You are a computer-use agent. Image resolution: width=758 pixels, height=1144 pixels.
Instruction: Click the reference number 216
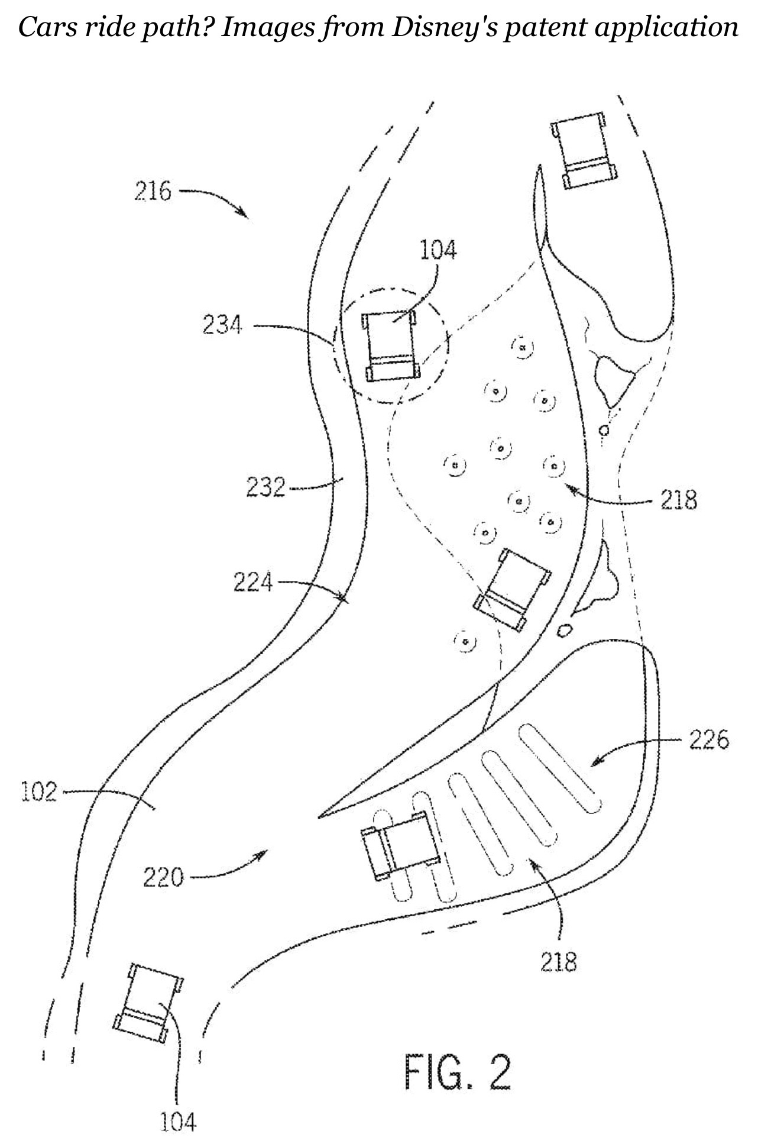pyautogui.click(x=153, y=192)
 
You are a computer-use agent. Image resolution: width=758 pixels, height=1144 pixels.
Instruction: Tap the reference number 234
pyautogui.click(x=222, y=325)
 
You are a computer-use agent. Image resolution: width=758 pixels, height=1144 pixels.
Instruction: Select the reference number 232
pyautogui.click(x=265, y=488)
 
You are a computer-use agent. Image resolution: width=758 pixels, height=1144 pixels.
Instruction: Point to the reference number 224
pyautogui.click(x=253, y=583)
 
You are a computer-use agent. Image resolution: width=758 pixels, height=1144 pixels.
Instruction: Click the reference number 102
pyautogui.click(x=39, y=791)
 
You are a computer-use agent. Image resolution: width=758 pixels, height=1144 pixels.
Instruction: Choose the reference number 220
pyautogui.click(x=163, y=877)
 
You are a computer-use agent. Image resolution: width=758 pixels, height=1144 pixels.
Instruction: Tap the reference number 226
pyautogui.click(x=709, y=739)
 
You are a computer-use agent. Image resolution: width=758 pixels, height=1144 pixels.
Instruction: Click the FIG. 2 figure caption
pyautogui.click(x=457, y=1070)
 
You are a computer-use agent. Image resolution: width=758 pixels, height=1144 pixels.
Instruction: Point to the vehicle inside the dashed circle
pyautogui.click(x=391, y=345)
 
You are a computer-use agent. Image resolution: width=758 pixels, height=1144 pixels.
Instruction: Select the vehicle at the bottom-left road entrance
pyautogui.click(x=148, y=1003)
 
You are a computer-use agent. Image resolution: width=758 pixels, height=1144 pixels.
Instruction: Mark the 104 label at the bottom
pyautogui.click(x=179, y=1121)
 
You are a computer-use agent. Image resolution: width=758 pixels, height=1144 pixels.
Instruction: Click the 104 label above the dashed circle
pyautogui.click(x=438, y=250)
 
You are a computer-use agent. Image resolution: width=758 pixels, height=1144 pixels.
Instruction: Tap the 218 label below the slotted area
pyautogui.click(x=559, y=962)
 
